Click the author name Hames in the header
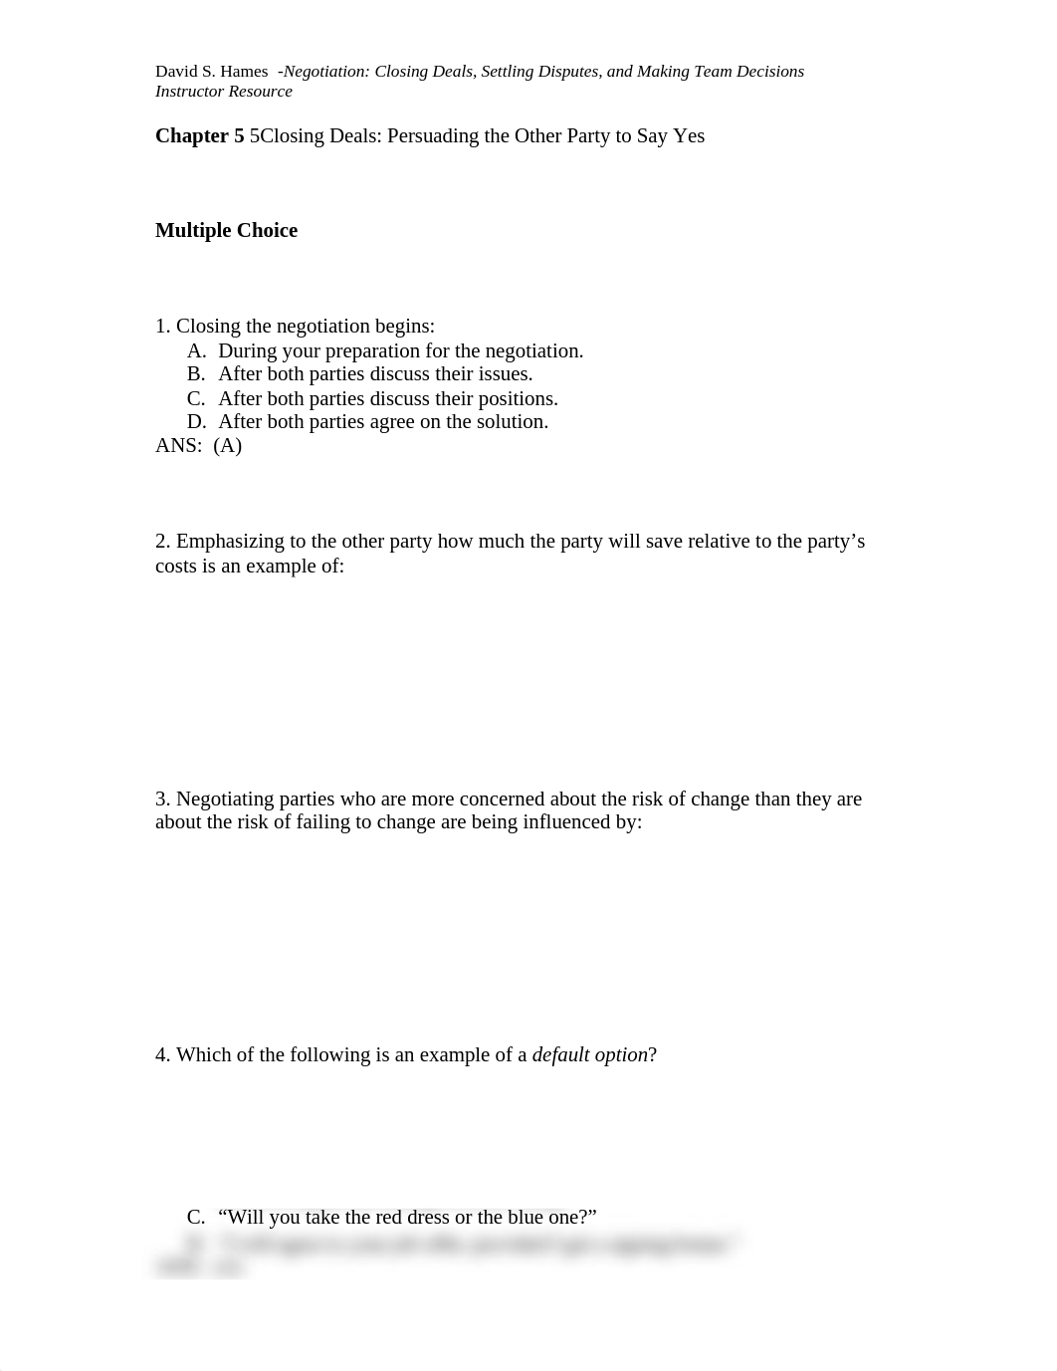(245, 72)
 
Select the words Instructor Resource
(224, 92)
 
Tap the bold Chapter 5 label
(199, 136)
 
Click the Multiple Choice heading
(226, 231)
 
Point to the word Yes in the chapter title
(689, 136)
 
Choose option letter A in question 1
(196, 351)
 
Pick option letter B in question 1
(196, 374)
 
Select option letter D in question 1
(196, 422)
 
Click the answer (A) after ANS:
(228, 446)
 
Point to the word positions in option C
(517, 399)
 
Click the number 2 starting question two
(162, 542)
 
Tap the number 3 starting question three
(162, 800)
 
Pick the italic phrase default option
(589, 1055)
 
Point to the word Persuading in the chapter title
(433, 136)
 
